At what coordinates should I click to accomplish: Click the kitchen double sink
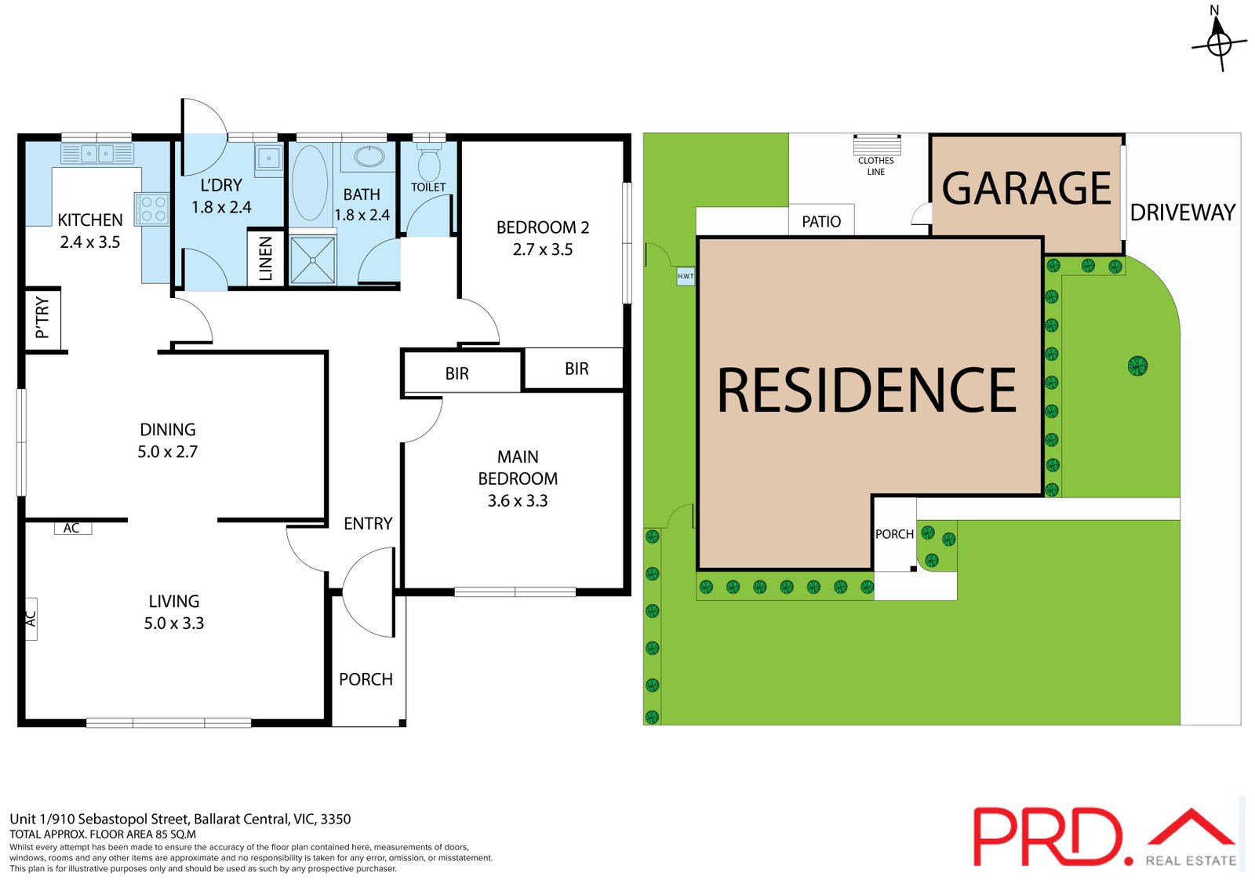pos(97,154)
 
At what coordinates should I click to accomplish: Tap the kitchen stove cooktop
pos(152,209)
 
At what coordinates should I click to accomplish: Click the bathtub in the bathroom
pos(310,183)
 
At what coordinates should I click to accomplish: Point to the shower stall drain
pos(313,260)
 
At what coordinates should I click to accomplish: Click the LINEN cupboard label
pos(266,258)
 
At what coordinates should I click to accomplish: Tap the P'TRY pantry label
pos(42,318)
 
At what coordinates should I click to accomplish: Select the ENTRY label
pos(368,523)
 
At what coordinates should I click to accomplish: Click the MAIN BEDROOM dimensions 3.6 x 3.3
pos(518,500)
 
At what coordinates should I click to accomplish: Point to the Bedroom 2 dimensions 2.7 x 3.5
pos(542,249)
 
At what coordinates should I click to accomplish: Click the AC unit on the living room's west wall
pos(31,618)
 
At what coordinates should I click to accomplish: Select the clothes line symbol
pos(877,144)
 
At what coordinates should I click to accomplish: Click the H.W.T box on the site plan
pos(686,276)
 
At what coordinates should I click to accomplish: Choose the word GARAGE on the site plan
pos(1027,188)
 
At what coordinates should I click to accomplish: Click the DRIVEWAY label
pos(1183,213)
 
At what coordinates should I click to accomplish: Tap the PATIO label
pos(821,221)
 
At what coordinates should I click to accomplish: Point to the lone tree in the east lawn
pos(1137,366)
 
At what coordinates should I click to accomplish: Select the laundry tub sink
pos(269,158)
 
